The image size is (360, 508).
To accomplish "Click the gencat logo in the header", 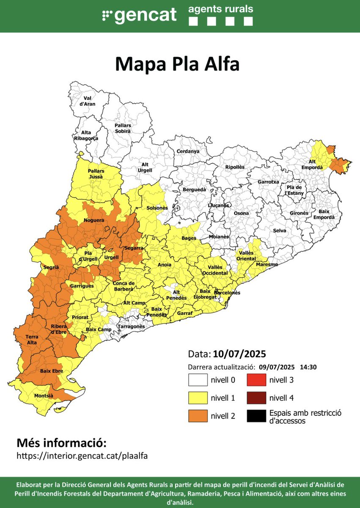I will pyautogui.click(x=139, y=16).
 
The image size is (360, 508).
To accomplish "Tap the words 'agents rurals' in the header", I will pyautogui.click(x=220, y=9).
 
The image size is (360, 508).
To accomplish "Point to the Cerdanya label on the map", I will pyautogui.click(x=188, y=151).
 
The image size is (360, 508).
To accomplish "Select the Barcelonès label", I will pyautogui.click(x=227, y=293).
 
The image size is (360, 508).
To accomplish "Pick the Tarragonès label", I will pyautogui.click(x=131, y=327).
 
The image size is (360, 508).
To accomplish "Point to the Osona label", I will pyautogui.click(x=242, y=213).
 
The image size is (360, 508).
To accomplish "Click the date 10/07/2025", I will pyautogui.click(x=239, y=353).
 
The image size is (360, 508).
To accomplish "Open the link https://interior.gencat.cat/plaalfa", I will pyautogui.click(x=82, y=456).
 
